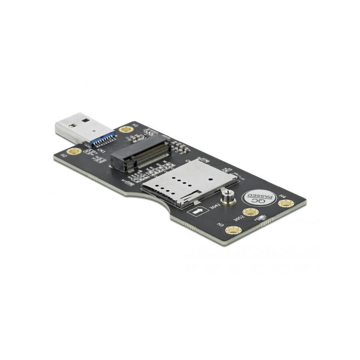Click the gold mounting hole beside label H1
click(126, 130)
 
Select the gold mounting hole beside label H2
click(74, 151)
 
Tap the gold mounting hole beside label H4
click(286, 203)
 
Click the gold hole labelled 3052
click(250, 212)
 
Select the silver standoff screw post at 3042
click(227, 197)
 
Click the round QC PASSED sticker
click(259, 197)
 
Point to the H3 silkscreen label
click(221, 224)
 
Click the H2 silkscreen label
click(64, 156)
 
